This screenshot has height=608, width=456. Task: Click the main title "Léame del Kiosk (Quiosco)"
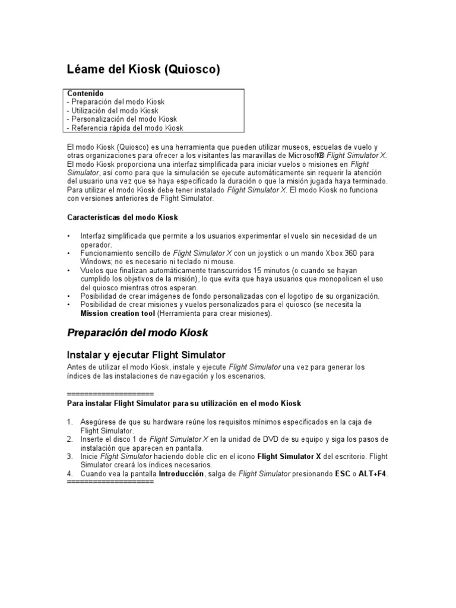143,70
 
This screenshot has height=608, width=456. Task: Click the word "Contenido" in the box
85,94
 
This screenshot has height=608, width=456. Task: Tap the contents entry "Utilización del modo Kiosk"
113,110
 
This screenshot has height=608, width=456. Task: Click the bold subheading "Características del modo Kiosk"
123,217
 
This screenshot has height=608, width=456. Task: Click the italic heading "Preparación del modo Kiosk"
138,332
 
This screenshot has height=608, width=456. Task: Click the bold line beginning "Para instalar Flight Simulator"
185,404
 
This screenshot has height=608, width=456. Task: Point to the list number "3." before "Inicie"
71,456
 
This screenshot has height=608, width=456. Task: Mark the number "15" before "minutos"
259,270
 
